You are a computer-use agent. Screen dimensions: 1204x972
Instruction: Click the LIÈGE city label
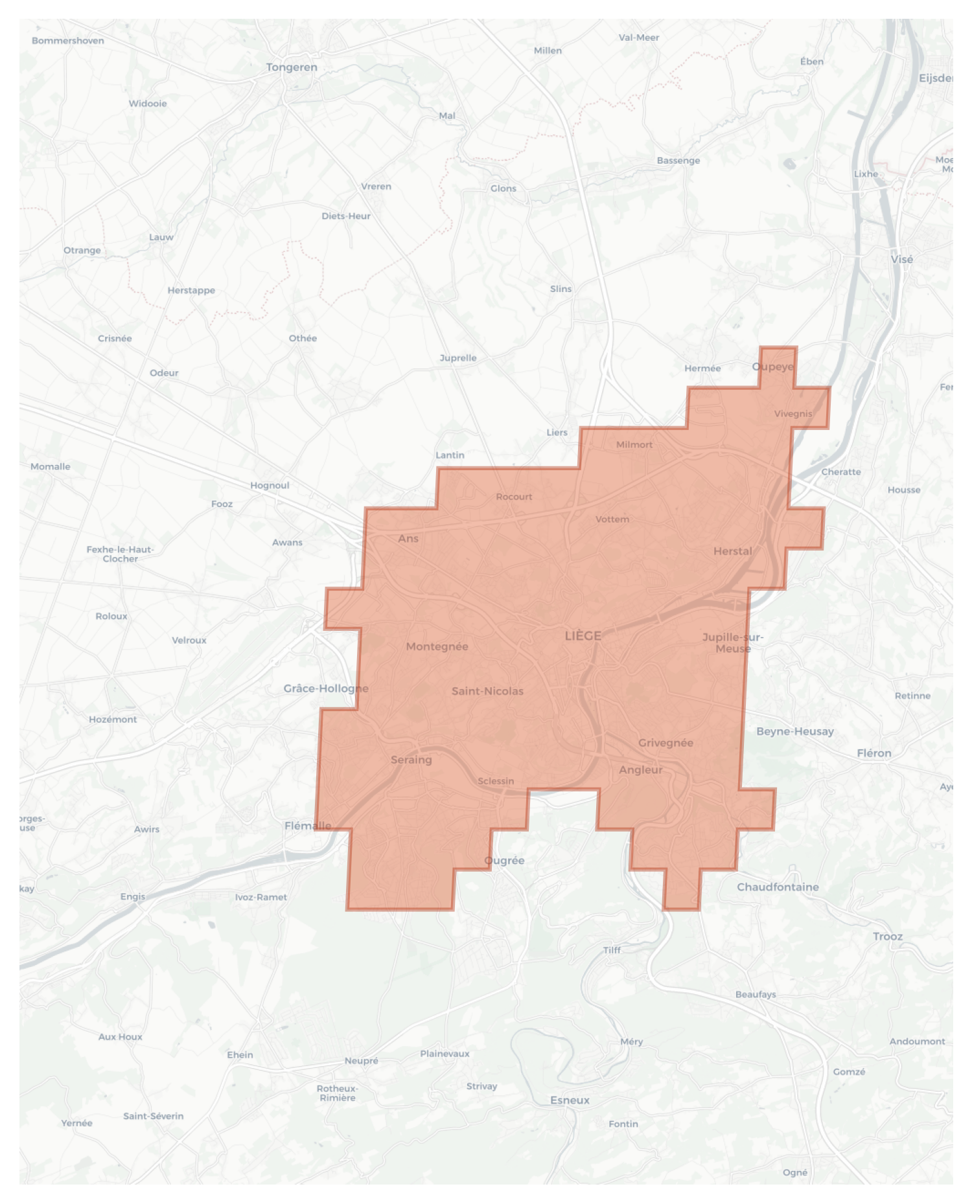(583, 636)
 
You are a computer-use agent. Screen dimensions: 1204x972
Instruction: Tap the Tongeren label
(292, 67)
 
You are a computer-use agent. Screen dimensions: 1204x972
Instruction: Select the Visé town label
(901, 259)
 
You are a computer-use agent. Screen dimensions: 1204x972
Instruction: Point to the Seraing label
(411, 760)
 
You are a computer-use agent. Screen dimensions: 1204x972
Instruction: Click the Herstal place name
(732, 551)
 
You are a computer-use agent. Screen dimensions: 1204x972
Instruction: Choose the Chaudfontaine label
(778, 887)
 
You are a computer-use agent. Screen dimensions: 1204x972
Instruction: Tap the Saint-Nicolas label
(487, 691)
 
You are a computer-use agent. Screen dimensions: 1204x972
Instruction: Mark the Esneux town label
(570, 1100)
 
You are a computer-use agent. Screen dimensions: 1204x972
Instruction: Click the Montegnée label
(437, 646)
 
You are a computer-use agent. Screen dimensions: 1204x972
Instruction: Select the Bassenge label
(678, 161)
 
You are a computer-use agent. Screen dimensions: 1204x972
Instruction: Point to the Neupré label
(361, 1061)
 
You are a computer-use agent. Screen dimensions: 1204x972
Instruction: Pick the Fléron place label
(874, 753)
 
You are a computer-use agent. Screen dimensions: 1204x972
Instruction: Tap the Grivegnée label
(665, 743)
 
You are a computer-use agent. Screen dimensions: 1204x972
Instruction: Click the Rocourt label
(514, 497)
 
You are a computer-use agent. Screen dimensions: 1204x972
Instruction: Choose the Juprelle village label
(457, 358)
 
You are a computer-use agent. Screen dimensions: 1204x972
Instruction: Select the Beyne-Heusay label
(794, 731)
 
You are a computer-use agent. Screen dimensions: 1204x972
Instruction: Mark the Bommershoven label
(67, 41)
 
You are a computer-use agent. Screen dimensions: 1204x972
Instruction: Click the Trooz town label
(887, 937)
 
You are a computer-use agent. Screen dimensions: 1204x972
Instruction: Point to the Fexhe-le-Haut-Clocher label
(120, 554)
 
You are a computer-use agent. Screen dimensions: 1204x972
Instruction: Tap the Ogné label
(794, 1172)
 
